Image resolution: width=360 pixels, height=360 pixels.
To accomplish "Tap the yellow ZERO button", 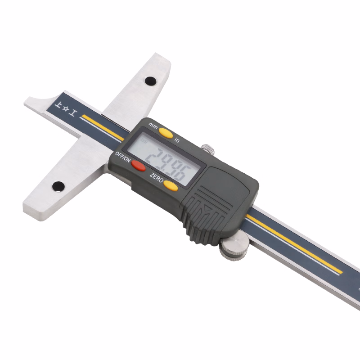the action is tap(171, 185).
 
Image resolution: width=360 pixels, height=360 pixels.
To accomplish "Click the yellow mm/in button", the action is tap(166, 133).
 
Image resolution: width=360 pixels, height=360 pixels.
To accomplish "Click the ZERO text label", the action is tap(156, 177).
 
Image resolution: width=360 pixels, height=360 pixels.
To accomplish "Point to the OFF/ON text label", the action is tap(122, 157).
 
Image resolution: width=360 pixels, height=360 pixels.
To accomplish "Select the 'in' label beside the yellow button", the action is tap(176, 139).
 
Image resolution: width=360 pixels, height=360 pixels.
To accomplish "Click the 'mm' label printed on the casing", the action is tap(153, 126).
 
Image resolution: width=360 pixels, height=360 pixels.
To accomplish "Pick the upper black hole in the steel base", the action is tap(151, 81).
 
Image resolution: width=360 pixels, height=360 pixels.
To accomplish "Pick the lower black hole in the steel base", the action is tap(58, 186).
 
